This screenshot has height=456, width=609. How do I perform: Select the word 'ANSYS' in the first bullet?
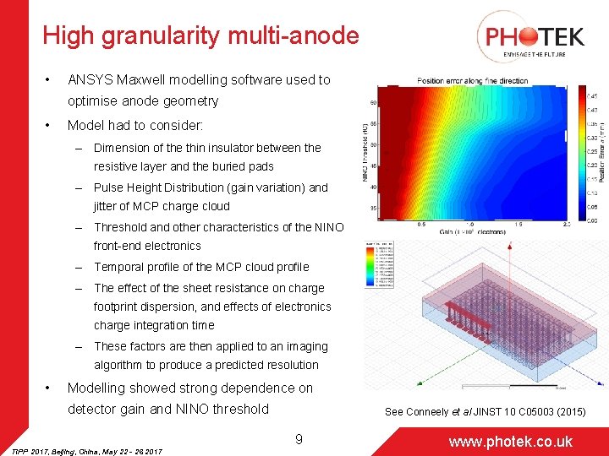[89, 79]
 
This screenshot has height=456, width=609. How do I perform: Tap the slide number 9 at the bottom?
[299, 438]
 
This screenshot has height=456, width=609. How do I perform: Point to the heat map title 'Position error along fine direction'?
[472, 81]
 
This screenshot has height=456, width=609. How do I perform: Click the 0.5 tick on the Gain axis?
[420, 225]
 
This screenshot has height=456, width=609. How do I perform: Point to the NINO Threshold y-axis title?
[367, 153]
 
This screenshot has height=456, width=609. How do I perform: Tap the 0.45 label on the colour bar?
[593, 95]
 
